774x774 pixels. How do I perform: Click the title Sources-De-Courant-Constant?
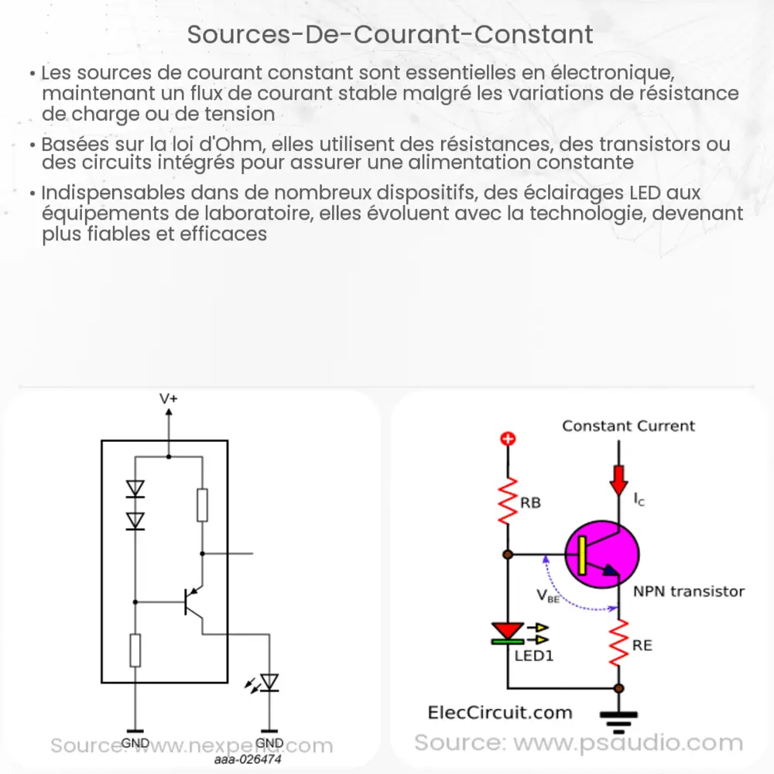pos(390,35)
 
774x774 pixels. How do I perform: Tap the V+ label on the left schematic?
pos(169,399)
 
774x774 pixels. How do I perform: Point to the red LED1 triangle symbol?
pos(509,631)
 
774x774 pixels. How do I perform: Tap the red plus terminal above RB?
pos(509,440)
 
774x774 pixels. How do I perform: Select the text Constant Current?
pos(628,426)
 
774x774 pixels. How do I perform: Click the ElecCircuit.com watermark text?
pos(500,713)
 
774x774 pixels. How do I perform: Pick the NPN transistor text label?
pos(689,591)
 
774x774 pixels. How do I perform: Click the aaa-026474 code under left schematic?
pos(248,760)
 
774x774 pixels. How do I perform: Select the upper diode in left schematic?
pos(135,488)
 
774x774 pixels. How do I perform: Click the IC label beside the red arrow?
pos(639,501)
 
